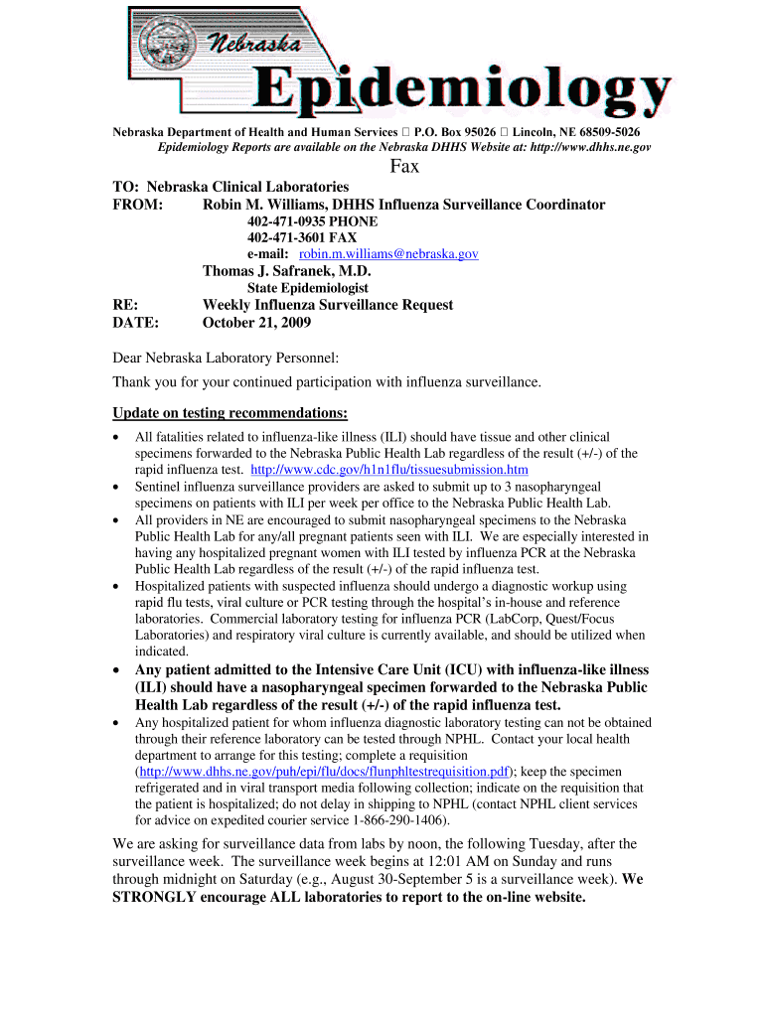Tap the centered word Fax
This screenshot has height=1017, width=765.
pyautogui.click(x=403, y=167)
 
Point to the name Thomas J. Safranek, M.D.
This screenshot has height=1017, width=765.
pyautogui.click(x=286, y=271)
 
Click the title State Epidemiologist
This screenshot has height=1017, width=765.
pyautogui.click(x=307, y=288)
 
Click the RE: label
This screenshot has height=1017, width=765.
pyautogui.click(x=125, y=305)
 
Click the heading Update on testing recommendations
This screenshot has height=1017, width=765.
pyautogui.click(x=229, y=413)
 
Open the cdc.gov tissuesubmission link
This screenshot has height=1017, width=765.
pyautogui.click(x=389, y=469)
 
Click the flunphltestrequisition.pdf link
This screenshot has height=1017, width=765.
pyautogui.click(x=324, y=772)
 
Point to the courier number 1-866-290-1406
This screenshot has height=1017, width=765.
pyautogui.click(x=400, y=820)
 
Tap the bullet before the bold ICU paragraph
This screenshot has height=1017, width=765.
pyautogui.click(x=119, y=670)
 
